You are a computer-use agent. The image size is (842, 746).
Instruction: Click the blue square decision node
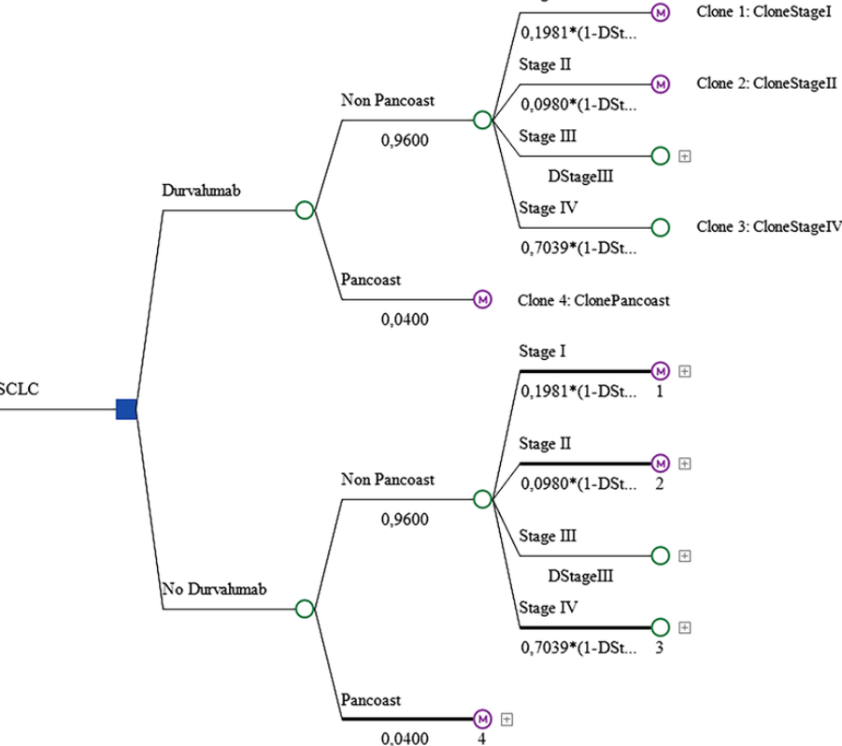[x=126, y=409]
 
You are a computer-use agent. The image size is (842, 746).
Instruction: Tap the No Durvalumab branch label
[x=214, y=589]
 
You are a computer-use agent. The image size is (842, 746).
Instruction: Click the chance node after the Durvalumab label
[x=304, y=210]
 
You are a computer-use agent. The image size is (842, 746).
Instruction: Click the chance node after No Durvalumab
[x=304, y=609]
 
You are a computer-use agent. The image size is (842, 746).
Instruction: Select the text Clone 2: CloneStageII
[x=765, y=83]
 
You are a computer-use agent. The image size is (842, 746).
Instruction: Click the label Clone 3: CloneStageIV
[x=769, y=226]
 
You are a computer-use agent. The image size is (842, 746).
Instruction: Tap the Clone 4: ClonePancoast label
[x=593, y=300]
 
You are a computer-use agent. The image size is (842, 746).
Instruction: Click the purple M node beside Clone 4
[x=482, y=300]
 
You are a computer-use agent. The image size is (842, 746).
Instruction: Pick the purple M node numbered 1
[x=660, y=370]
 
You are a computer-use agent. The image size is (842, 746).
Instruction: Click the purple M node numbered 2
[x=660, y=463]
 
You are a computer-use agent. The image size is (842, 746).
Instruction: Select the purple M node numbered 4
[x=482, y=719]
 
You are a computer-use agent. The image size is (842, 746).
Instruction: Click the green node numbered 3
[x=660, y=626]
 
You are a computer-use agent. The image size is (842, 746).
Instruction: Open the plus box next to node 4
[x=507, y=719]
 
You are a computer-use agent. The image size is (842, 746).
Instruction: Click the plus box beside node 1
[x=684, y=371]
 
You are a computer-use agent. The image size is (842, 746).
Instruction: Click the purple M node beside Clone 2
[x=660, y=83]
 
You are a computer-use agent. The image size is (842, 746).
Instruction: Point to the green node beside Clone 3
[x=660, y=226]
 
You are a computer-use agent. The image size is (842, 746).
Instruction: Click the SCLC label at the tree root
[x=20, y=389]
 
